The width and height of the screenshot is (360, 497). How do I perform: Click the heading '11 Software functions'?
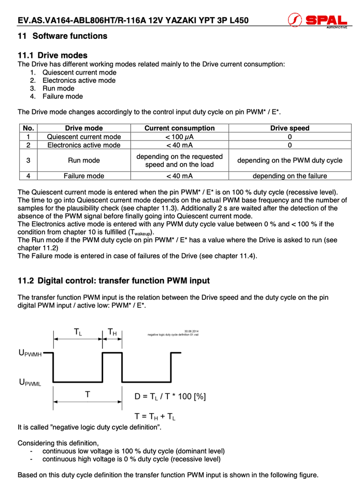tap(63, 36)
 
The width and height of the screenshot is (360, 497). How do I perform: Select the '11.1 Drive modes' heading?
tap(52, 55)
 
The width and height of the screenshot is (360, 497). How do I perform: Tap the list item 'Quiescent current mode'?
tap(79, 72)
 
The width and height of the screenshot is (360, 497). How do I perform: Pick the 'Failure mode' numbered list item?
tap(63, 96)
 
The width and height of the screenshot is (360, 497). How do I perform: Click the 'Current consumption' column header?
tap(179, 128)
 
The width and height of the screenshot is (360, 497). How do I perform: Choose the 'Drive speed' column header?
tap(290, 128)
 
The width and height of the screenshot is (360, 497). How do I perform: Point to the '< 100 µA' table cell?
tap(179, 137)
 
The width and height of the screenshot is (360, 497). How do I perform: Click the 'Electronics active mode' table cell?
tap(84, 145)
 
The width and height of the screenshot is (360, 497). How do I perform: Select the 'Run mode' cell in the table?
tap(84, 160)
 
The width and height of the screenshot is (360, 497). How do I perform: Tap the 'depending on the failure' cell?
tap(290, 176)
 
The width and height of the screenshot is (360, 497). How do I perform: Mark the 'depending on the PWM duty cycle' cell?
tap(290, 160)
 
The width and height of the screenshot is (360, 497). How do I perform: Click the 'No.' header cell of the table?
tap(28, 128)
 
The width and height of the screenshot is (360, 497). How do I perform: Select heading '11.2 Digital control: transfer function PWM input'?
tap(114, 281)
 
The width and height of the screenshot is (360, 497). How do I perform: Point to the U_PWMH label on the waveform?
tap(30, 353)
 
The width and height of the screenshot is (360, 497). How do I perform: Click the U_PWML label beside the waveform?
tap(30, 383)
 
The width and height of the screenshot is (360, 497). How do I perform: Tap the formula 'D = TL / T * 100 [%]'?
tap(170, 397)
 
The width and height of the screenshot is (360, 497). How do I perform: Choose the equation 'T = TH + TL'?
tap(155, 416)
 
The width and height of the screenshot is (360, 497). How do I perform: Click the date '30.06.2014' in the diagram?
tap(192, 331)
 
